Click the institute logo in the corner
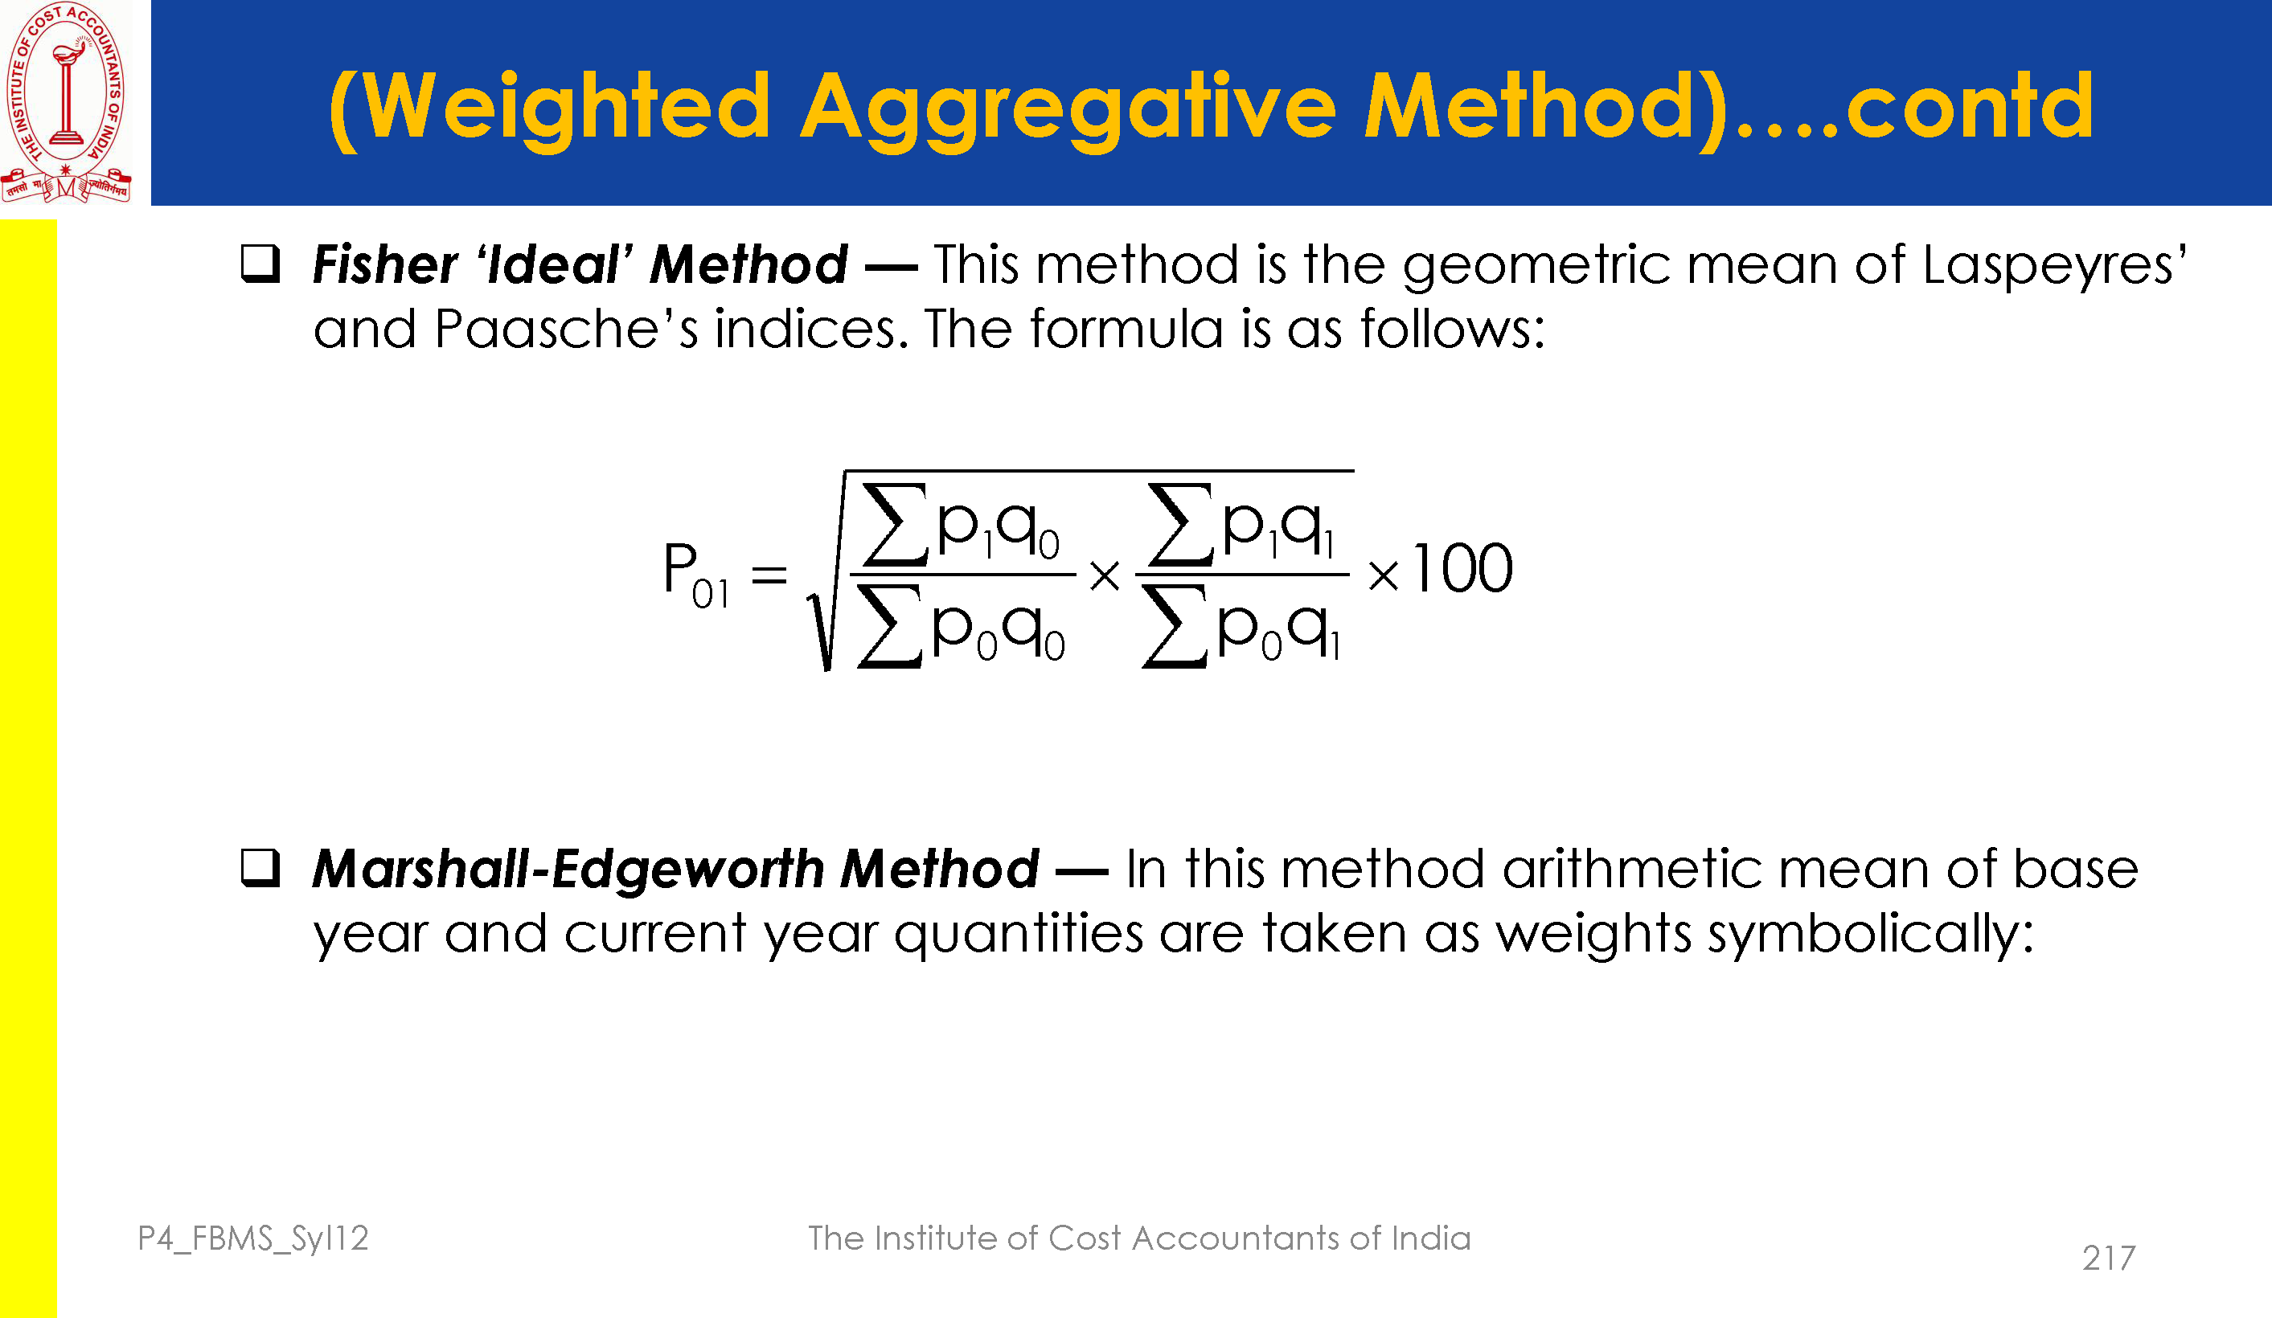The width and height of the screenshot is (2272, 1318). click(x=66, y=102)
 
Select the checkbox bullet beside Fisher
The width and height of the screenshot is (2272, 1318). click(x=260, y=264)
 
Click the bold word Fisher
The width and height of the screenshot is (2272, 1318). click(x=385, y=265)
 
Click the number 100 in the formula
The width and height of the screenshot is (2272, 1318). click(x=1462, y=569)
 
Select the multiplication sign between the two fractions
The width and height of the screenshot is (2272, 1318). click(x=1105, y=575)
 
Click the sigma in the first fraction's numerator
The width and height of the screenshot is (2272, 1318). click(x=896, y=525)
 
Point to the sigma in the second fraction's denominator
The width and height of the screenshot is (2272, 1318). click(x=1175, y=627)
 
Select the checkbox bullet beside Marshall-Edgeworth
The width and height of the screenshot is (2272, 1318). click(x=260, y=868)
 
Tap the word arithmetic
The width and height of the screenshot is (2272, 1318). click(x=1631, y=870)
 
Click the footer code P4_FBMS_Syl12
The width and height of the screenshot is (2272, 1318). click(x=253, y=1238)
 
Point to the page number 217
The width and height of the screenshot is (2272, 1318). click(x=2109, y=1258)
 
